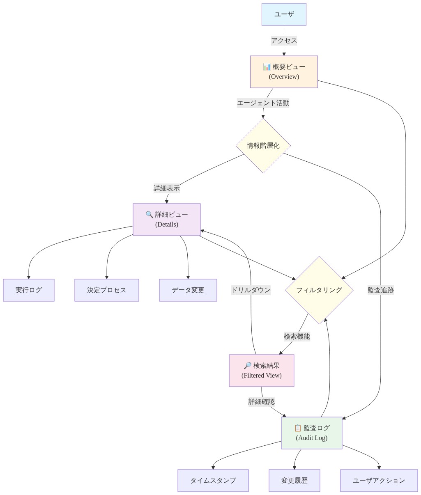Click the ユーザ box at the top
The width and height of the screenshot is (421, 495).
point(284,14)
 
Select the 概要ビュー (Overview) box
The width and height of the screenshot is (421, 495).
point(284,72)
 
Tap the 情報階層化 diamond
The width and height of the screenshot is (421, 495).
point(263,146)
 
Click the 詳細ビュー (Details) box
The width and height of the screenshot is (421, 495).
point(166,220)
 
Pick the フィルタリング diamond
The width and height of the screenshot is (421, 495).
point(319,290)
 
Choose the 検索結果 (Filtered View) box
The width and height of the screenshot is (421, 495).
point(261,371)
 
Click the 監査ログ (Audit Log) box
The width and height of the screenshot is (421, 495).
point(311,433)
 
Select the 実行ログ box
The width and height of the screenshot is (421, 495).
point(29,290)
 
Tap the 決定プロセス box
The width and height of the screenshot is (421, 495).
point(107,290)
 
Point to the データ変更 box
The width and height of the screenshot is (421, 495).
point(188,290)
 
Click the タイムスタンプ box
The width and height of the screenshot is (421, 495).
point(213,481)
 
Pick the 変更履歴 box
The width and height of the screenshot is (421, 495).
point(294,481)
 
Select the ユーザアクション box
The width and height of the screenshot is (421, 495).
point(379,481)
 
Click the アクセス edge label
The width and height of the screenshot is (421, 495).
point(284,41)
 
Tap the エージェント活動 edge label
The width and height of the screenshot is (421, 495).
point(263,103)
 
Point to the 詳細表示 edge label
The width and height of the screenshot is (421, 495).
point(166,188)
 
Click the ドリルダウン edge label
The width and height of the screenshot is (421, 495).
point(251,290)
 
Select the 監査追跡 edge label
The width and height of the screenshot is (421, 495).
point(380,290)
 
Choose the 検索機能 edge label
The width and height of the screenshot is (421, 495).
point(297,336)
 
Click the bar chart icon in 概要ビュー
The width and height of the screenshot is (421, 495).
point(267,67)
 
